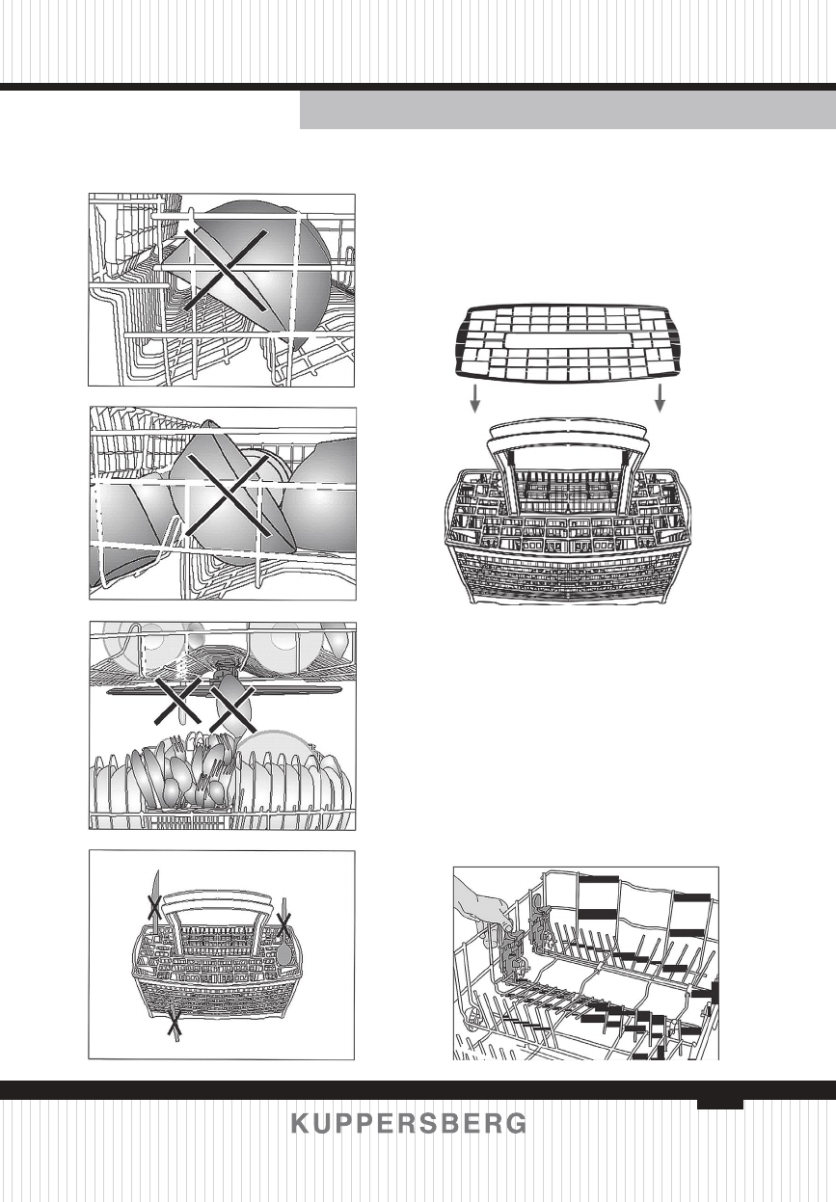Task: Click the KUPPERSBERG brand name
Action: pos(409,1124)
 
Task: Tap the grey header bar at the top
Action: pos(567,111)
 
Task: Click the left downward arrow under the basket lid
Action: pos(474,398)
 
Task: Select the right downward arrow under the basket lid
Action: pos(661,398)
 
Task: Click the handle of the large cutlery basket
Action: pos(566,435)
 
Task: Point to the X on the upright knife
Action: pos(151,906)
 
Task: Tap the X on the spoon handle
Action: pos(283,927)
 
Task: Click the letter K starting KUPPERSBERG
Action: pos(300,1124)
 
